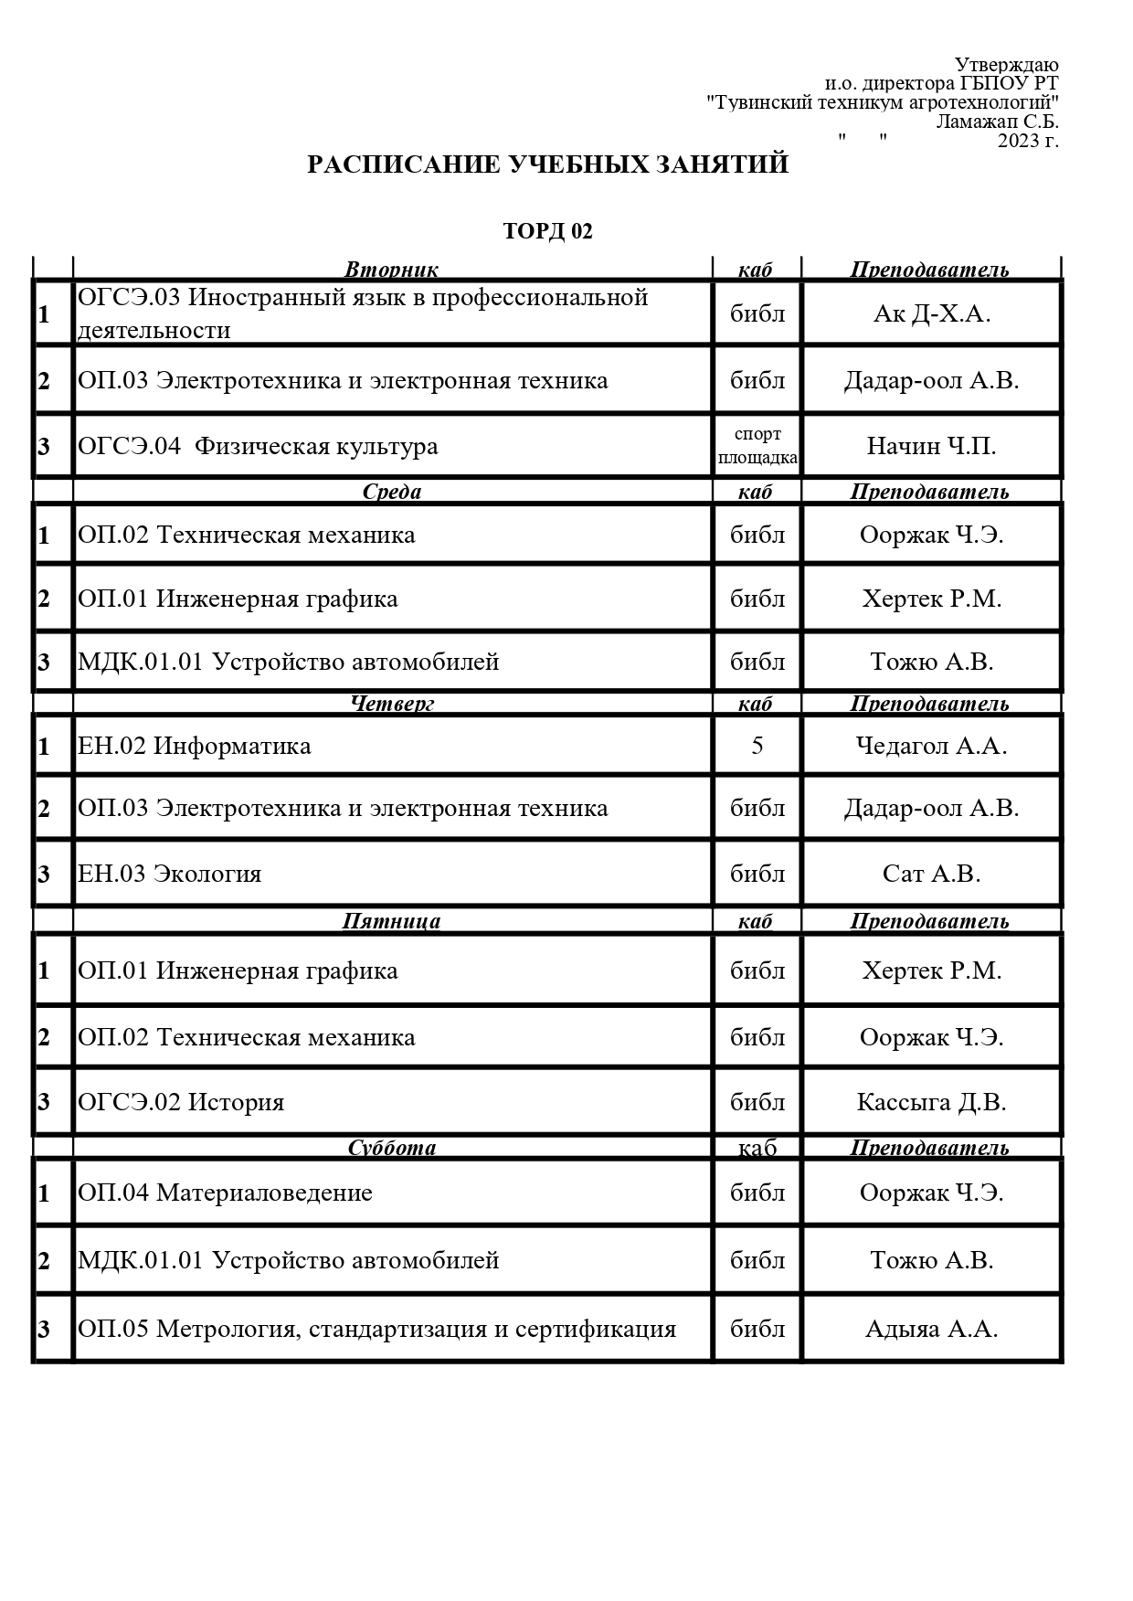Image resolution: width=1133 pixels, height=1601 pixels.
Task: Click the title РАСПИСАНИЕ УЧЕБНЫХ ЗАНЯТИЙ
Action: (547, 164)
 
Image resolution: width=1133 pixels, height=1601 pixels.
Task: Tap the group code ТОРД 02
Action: (547, 231)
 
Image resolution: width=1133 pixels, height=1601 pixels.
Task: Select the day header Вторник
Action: (391, 270)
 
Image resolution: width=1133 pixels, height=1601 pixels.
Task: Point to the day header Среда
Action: (391, 492)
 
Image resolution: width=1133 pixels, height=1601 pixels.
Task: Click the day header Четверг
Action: (391, 703)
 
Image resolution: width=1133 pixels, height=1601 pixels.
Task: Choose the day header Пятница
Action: (391, 920)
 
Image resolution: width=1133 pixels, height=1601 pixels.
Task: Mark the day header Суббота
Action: (391, 1148)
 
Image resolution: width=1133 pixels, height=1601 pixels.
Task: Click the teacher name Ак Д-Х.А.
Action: (931, 313)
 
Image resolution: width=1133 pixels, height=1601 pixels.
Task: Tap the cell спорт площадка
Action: (757, 445)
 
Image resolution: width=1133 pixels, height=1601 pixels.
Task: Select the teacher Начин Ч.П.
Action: (931, 446)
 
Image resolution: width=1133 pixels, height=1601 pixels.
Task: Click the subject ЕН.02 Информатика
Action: (194, 746)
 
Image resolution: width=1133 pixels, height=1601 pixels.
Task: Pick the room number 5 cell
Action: (757, 746)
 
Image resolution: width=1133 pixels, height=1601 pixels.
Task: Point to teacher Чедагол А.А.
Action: (931, 746)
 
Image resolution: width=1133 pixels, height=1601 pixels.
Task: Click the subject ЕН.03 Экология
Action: (170, 874)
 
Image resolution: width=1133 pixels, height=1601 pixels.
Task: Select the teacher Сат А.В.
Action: (931, 874)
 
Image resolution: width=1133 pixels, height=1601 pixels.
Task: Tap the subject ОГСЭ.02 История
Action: (181, 1102)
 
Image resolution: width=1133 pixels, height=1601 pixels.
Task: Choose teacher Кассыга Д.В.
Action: (931, 1102)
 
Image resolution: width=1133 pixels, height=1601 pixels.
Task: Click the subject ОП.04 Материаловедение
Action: (225, 1193)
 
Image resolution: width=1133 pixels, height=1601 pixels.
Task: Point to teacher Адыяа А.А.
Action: (931, 1329)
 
